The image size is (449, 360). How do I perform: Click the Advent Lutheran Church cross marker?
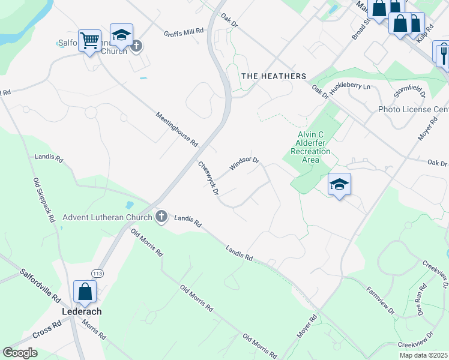(161, 217)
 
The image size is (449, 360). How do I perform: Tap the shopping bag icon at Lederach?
(85, 292)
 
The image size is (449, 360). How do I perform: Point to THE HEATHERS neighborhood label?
(273, 76)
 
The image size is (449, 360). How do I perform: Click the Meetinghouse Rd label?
(176, 130)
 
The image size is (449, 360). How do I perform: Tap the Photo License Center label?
(413, 110)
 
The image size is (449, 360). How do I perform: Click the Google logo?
(20, 353)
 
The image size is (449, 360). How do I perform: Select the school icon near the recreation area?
(339, 185)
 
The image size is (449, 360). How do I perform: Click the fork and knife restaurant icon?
(442, 54)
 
